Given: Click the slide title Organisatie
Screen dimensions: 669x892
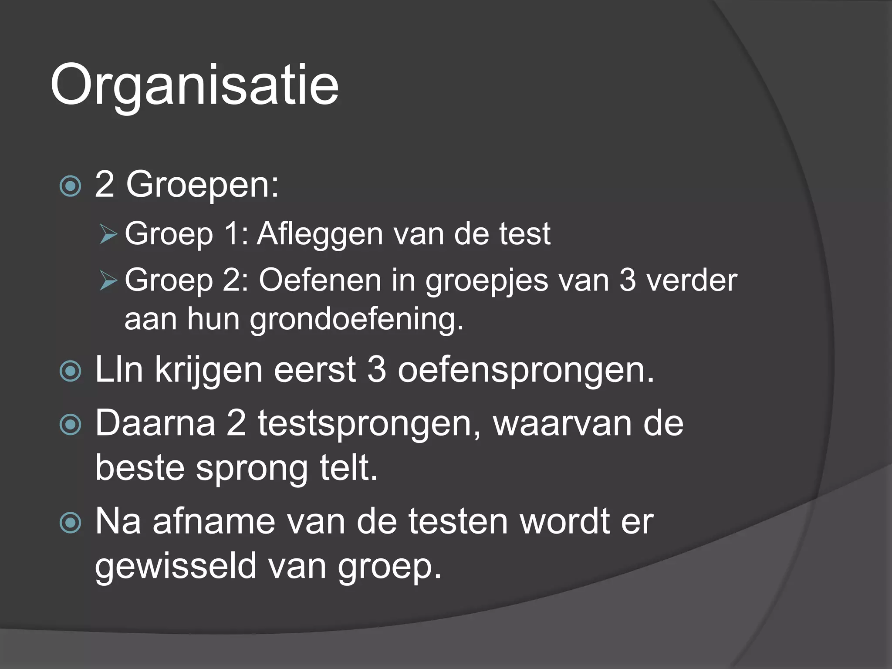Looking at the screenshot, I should coord(194,84).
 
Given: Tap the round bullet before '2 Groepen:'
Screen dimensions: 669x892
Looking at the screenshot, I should coord(70,186).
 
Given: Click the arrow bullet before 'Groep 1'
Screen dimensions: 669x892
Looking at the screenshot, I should coord(108,234).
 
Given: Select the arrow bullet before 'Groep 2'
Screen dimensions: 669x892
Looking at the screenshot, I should coord(108,280).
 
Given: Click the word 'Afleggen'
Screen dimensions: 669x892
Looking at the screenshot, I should coord(320,234).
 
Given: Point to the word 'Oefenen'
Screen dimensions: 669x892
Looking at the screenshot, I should coord(320,280).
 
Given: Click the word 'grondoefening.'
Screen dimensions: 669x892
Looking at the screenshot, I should coord(357,320).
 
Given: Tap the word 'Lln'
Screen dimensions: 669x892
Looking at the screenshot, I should coord(119,370).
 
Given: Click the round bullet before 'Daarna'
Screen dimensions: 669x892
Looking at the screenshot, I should coord(70,425).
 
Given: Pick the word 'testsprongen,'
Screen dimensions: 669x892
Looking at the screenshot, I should coord(369,424).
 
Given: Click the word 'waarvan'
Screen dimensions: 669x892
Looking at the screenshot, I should coord(562,424).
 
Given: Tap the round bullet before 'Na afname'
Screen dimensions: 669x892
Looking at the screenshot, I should coord(70,522).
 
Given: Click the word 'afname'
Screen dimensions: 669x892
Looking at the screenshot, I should coord(214,522).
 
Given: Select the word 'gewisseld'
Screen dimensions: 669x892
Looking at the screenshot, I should coord(176,566).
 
